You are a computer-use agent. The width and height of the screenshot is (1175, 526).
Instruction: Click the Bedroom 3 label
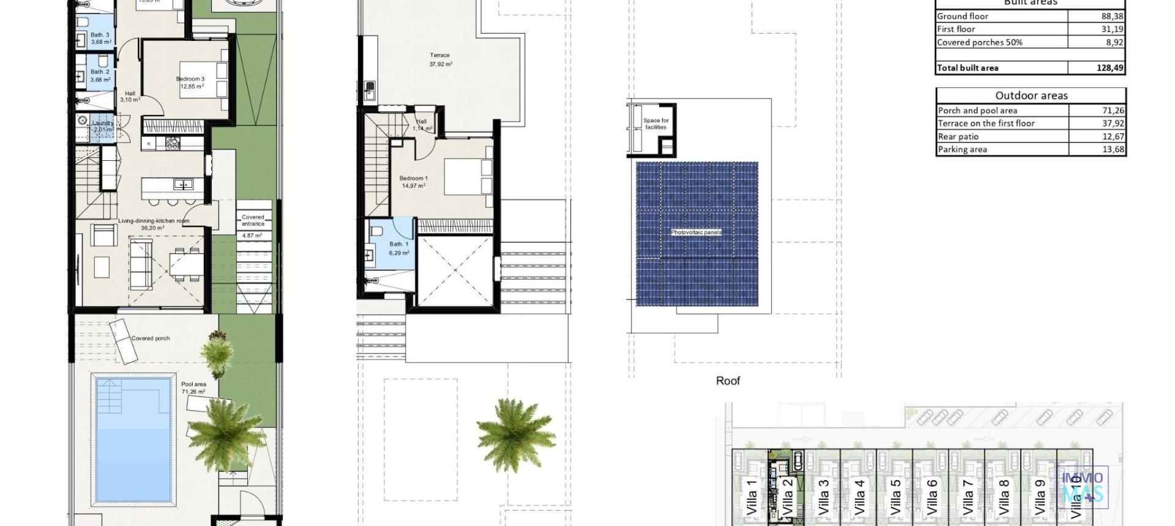coord(190,79)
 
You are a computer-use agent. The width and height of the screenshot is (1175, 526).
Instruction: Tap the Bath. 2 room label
coord(100,72)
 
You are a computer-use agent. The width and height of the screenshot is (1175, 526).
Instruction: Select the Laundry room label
coord(103,123)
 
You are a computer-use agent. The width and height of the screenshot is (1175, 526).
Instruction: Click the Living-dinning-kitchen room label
coord(154,221)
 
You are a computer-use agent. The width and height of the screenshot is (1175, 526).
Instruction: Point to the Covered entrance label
coord(253,220)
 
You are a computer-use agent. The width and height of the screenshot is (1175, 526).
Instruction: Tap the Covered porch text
coord(151,338)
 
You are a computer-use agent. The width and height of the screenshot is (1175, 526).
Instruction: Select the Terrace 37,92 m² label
coord(440,59)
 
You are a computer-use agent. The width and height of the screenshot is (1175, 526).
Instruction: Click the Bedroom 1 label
coord(414,179)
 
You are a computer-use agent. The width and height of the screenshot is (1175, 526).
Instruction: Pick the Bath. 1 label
coord(398,245)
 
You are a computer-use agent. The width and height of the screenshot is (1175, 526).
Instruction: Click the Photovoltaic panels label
coord(696,232)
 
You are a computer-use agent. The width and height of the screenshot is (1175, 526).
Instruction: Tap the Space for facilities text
coord(656,124)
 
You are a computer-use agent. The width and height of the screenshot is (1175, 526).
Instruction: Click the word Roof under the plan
coord(728,381)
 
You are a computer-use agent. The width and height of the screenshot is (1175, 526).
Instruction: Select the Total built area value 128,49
coord(1110,68)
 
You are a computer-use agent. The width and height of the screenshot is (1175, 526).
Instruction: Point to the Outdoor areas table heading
coord(1031,95)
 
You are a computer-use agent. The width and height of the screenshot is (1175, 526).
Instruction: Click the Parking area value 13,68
coord(1113,149)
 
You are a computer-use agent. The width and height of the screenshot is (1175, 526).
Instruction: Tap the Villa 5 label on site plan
coord(895,497)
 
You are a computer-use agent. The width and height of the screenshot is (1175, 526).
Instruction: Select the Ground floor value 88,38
coord(1111,17)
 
